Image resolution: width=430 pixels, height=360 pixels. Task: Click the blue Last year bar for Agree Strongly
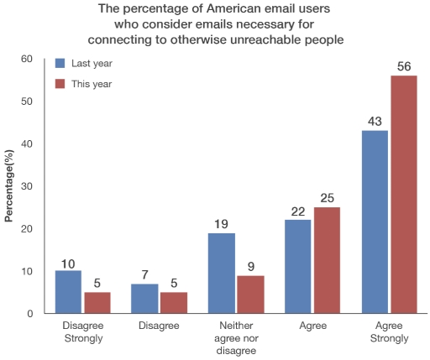tap(375, 222)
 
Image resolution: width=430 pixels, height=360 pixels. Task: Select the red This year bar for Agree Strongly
tap(402, 194)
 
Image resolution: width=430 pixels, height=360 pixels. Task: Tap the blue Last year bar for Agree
tap(297, 266)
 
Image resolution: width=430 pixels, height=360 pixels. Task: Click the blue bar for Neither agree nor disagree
tap(221, 273)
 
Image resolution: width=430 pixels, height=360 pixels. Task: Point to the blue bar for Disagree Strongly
tap(68, 291)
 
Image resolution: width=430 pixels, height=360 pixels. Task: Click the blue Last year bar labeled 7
tap(144, 298)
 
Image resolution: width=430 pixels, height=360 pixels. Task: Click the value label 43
tap(375, 122)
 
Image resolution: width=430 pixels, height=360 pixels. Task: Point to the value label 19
tap(221, 224)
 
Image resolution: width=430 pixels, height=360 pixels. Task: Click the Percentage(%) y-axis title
tap(9, 186)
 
